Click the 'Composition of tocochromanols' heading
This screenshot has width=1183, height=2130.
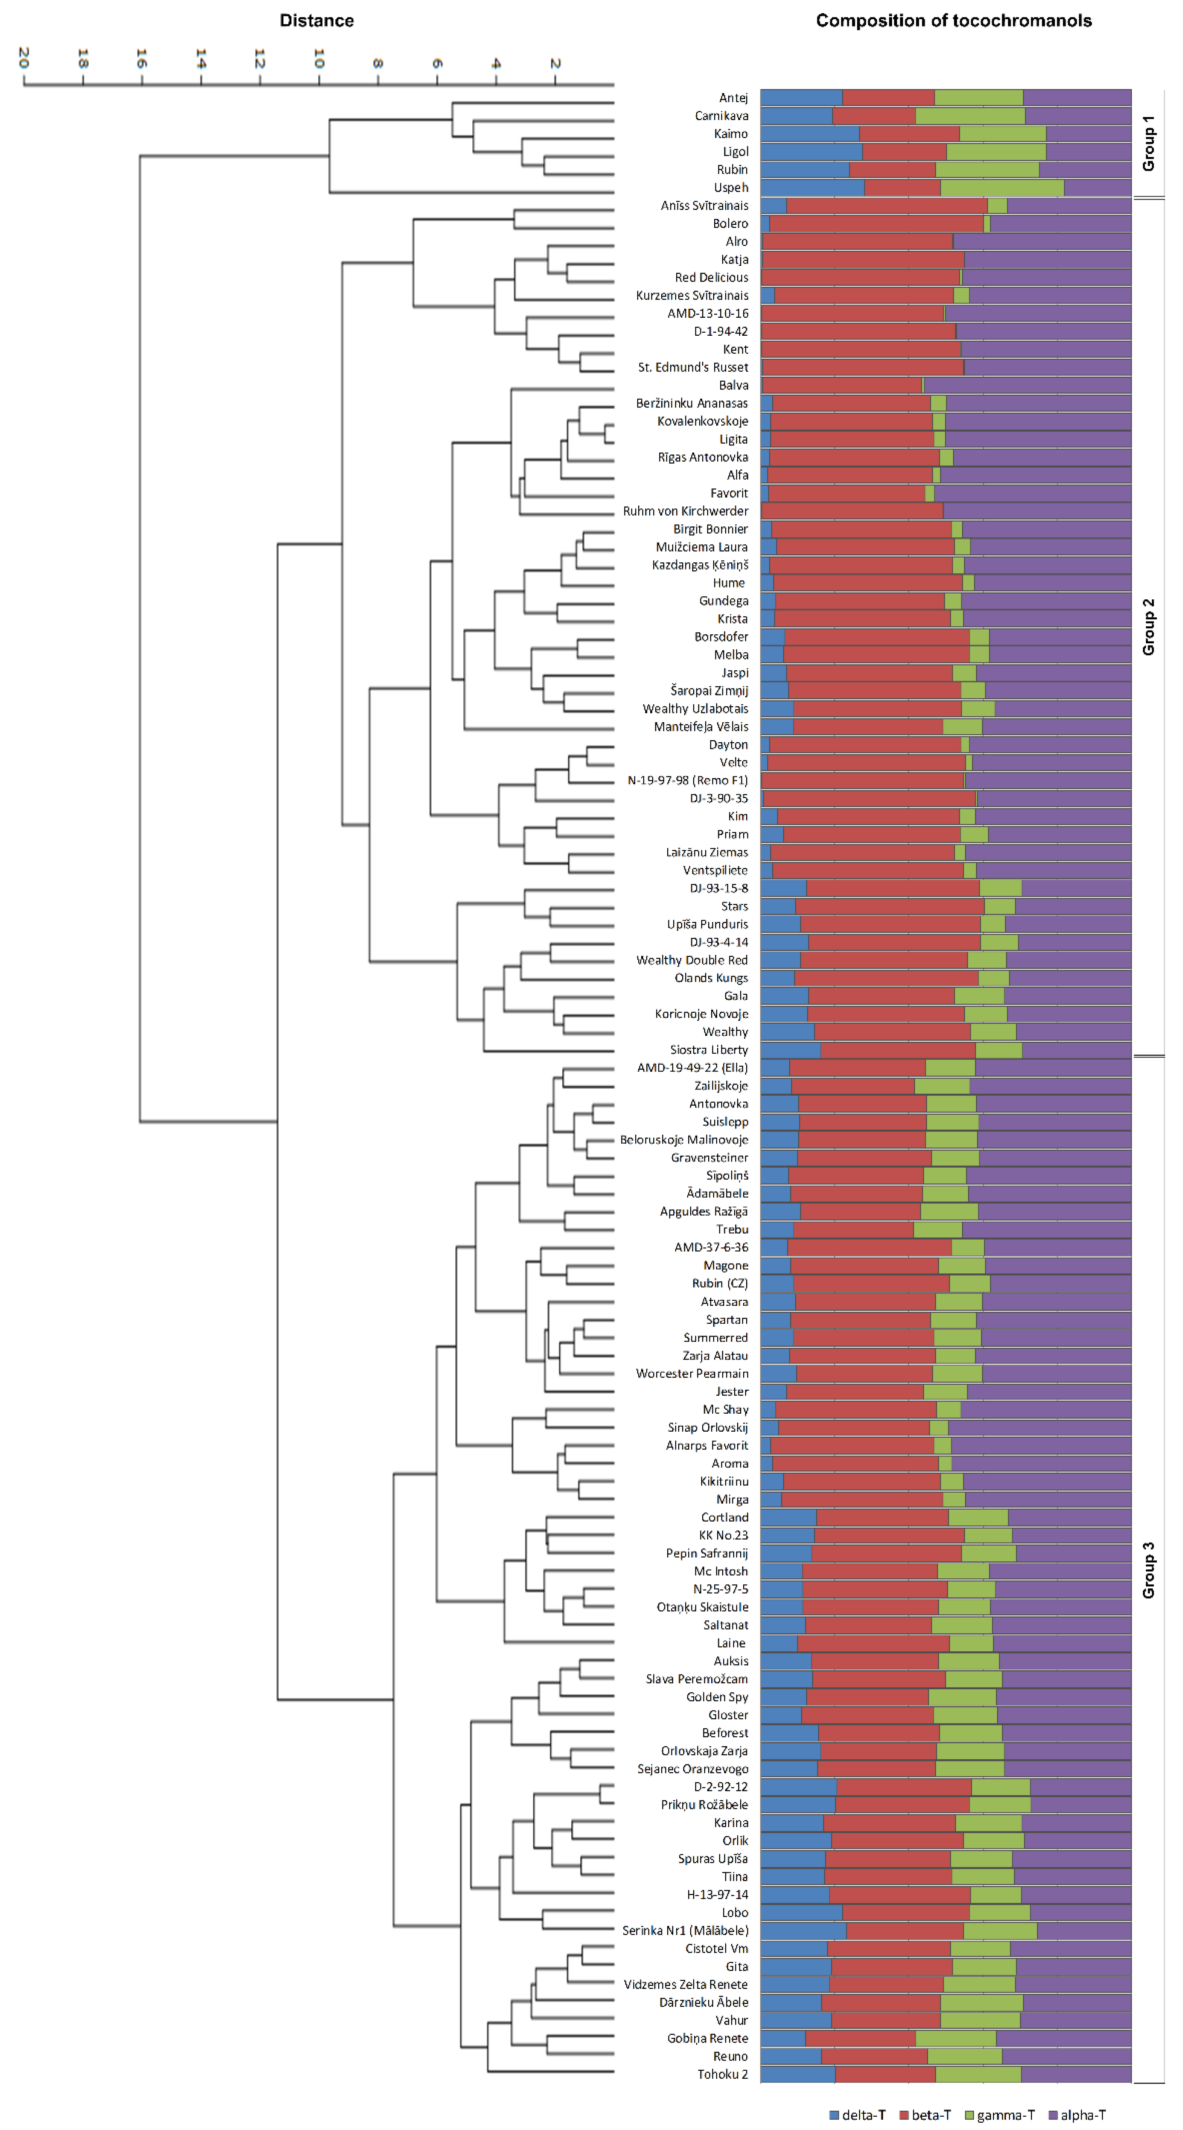953,20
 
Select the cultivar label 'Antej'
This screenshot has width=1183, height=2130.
733,98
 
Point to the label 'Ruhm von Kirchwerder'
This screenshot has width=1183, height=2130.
685,511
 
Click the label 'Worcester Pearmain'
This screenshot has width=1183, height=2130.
692,1373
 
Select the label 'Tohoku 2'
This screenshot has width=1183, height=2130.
723,2074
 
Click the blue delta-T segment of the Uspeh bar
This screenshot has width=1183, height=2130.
812,188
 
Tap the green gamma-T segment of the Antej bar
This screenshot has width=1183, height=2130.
978,98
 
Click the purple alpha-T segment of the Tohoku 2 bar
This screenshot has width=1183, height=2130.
1075,2074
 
